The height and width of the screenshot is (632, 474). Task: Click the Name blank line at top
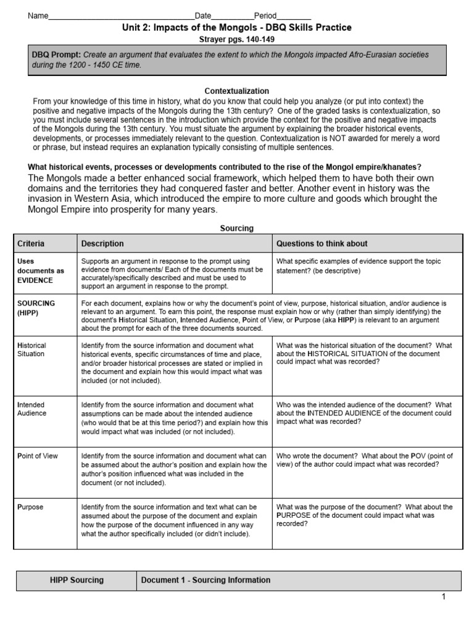pyautogui.click(x=121, y=16)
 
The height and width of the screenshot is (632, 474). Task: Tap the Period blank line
pyautogui.click(x=294, y=16)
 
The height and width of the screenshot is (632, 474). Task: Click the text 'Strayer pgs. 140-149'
pyautogui.click(x=237, y=39)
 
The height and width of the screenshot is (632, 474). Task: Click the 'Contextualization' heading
pyautogui.click(x=237, y=91)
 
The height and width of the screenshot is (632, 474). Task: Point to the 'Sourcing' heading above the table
pyautogui.click(x=237, y=228)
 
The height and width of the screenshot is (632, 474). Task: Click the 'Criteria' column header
pyautogui.click(x=31, y=244)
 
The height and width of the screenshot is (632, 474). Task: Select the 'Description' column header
pyautogui.click(x=102, y=244)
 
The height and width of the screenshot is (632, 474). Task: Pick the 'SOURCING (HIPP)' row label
pyautogui.click(x=36, y=308)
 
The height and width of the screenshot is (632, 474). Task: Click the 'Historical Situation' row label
pyautogui.click(x=31, y=350)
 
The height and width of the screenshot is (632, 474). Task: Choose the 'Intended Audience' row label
pyautogui.click(x=31, y=409)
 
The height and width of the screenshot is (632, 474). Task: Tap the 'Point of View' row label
pyautogui.click(x=38, y=456)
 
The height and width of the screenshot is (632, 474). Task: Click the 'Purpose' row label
pyautogui.click(x=30, y=507)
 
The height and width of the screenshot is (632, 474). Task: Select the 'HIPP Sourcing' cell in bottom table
pyautogui.click(x=77, y=580)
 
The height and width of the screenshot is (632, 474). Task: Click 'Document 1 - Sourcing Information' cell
pyautogui.click(x=206, y=580)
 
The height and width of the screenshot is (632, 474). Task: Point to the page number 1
pyautogui.click(x=443, y=597)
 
